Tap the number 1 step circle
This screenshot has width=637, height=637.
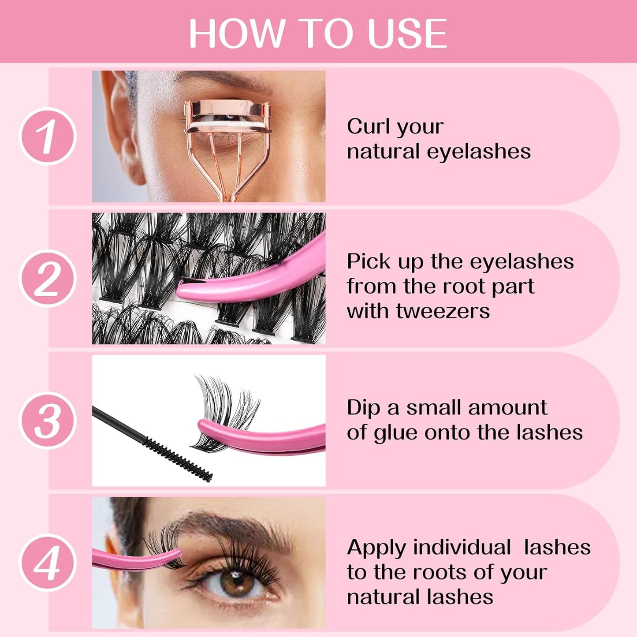tap(48, 136)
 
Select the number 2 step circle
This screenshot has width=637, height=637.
tap(48, 278)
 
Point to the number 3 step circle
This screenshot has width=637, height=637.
tap(48, 420)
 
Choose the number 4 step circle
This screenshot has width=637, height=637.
tap(48, 562)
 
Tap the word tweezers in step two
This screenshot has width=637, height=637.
tap(443, 311)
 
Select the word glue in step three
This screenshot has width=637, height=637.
tap(395, 433)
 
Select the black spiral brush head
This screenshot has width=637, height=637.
tap(179, 458)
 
